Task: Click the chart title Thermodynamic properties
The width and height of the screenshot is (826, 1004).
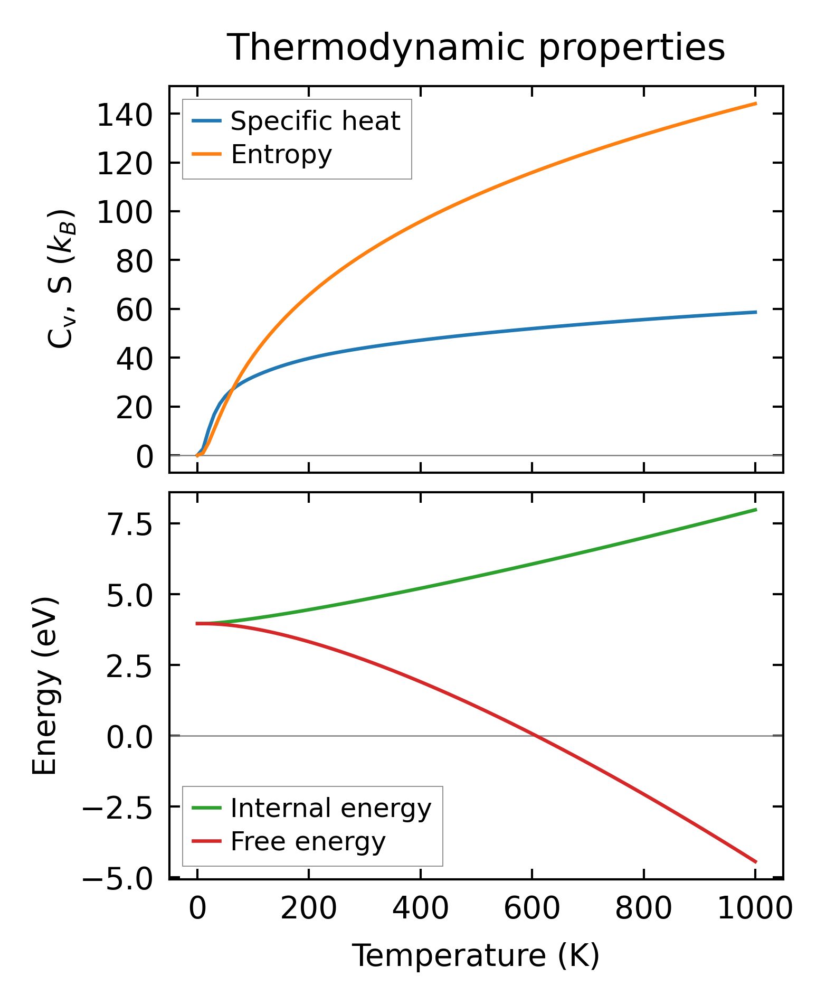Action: [476, 48]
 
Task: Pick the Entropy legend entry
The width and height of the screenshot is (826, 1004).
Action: [281, 155]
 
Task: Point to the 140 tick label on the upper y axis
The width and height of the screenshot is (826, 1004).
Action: [125, 115]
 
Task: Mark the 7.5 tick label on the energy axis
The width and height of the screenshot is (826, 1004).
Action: [130, 524]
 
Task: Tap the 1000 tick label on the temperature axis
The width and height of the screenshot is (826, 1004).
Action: [755, 909]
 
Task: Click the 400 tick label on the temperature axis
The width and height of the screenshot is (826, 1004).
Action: [420, 909]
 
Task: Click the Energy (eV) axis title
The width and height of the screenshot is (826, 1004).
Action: [44, 686]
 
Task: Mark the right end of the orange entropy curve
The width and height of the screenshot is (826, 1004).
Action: [756, 104]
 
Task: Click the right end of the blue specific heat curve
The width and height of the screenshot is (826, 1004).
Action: [756, 312]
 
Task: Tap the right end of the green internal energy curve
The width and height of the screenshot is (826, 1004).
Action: [756, 510]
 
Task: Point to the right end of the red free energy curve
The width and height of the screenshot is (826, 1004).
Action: [756, 862]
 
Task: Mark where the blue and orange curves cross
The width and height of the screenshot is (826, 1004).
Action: [232, 389]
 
